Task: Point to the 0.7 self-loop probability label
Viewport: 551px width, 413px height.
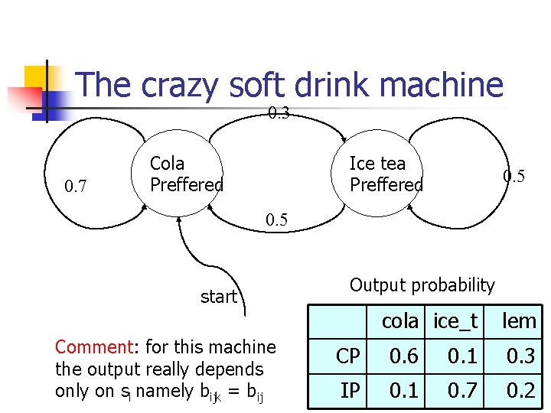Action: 75,186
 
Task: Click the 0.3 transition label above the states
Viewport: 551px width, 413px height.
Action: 279,114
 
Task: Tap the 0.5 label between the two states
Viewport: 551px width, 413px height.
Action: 276,220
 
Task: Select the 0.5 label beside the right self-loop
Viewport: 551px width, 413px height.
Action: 514,176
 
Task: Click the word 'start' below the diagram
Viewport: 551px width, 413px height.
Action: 218,297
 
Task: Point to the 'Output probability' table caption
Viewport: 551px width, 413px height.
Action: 422,285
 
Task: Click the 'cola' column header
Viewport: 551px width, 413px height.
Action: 400,322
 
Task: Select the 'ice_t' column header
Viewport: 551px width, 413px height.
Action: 455,322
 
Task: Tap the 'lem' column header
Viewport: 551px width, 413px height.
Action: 519,322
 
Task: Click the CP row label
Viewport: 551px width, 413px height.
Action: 348,356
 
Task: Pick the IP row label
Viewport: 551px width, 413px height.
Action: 350,391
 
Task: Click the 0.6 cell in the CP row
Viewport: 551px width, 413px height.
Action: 403,356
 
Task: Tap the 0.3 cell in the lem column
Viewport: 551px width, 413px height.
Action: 520,356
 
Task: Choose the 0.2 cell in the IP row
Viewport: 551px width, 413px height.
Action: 520,391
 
